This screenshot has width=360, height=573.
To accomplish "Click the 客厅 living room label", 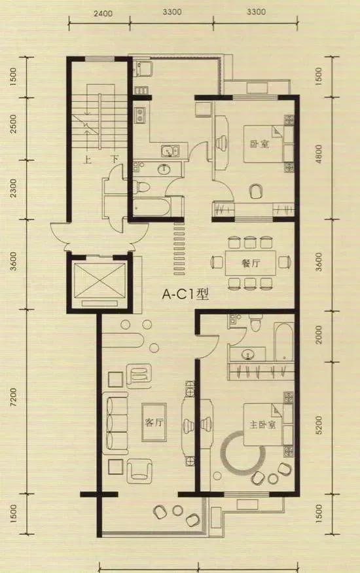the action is tap(154, 422).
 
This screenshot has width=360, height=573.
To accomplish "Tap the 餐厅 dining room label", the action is tap(251, 263).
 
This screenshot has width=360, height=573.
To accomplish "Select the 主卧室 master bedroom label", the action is tap(262, 424).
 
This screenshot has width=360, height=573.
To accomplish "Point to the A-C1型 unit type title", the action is tap(185, 294).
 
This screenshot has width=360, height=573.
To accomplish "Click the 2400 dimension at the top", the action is tap(103, 14).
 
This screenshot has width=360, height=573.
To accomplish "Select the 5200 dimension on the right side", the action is tap(318, 425).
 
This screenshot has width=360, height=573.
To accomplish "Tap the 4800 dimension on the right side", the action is tap(319, 154).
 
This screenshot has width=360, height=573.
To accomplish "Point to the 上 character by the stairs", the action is tap(87, 160).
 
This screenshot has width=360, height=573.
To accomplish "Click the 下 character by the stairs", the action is tap(115, 159).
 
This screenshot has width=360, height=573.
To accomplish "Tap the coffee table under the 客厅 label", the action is tap(154, 422).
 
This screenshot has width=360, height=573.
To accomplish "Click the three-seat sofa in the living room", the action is tap(115, 423).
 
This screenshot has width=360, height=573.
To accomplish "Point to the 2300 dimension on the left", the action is tap(13, 188).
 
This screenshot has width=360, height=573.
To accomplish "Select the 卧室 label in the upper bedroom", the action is tap(260, 143).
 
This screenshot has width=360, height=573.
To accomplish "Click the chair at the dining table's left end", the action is tap(217, 262).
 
